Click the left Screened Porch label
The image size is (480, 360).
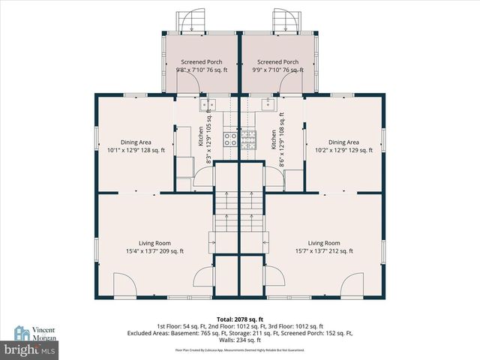[201, 62]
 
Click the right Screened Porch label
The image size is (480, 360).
[277, 62]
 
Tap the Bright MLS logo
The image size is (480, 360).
[30, 349]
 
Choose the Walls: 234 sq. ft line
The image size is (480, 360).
[239, 338]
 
